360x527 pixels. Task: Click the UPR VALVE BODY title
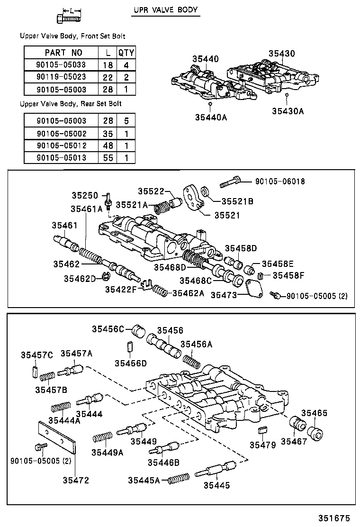pos(165,10)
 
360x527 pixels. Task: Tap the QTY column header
pos(126,53)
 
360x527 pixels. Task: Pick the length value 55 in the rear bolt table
pos(108,157)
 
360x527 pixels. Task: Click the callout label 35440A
pos(210,117)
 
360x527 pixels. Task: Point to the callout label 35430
pos(281,54)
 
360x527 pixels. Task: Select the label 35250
pos(84,195)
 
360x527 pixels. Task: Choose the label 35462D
pos(80,278)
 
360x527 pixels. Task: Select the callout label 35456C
pos(108,329)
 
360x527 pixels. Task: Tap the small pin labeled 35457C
pos(35,371)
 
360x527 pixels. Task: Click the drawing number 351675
pos(333,517)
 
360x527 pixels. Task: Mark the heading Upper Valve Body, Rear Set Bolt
pos(71,104)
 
